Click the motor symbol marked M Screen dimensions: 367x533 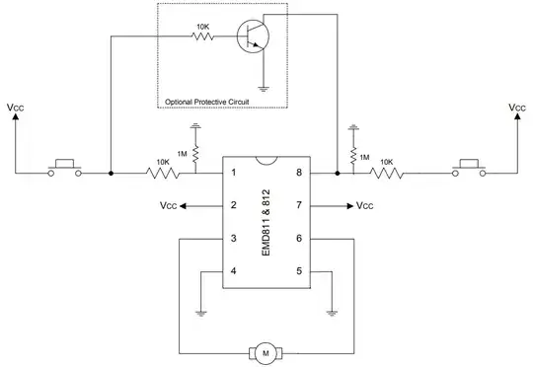tap(264, 351)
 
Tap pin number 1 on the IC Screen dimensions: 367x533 tap(232, 174)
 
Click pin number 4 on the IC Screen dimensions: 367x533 tap(232, 271)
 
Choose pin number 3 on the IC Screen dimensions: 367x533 tap(232, 239)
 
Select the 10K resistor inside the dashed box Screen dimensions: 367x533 tap(203, 38)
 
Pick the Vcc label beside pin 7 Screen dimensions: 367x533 tap(364, 206)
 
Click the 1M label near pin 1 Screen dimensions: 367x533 tap(183, 154)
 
